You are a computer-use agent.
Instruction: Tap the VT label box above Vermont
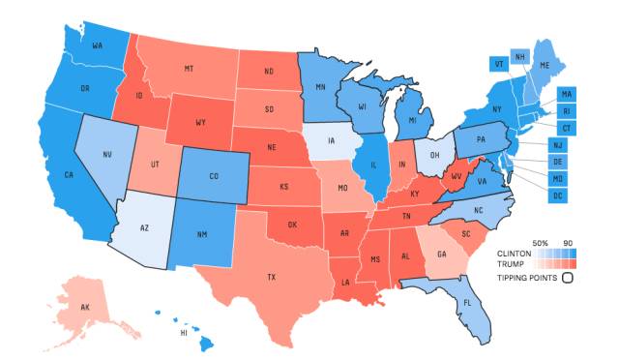coord(500,63)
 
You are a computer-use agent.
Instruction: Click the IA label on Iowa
coord(332,141)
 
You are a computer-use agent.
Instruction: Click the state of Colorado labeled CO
coord(212,178)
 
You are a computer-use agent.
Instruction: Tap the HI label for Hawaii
coord(183,332)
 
